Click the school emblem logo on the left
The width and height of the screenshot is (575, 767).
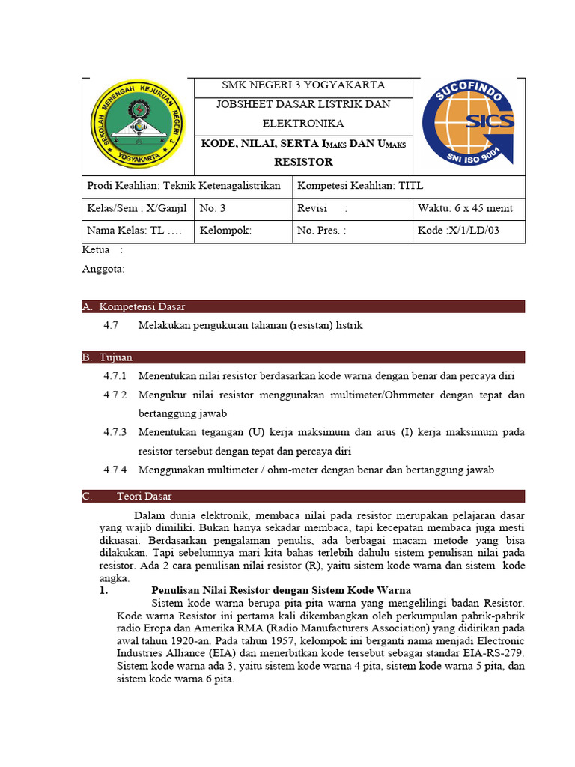137,125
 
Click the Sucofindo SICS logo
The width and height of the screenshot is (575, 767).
468,124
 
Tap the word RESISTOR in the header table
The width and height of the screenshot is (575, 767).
303,162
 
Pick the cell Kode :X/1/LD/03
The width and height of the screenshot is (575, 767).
458,231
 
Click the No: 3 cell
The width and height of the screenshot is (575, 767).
213,208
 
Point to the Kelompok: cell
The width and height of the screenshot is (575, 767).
225,231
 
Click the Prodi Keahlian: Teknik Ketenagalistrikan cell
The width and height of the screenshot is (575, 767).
183,186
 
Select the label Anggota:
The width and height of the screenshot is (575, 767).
103,269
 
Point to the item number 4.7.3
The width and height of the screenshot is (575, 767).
115,432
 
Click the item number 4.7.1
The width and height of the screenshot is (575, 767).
115,375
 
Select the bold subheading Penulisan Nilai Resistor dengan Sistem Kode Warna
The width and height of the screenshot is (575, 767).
282,590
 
